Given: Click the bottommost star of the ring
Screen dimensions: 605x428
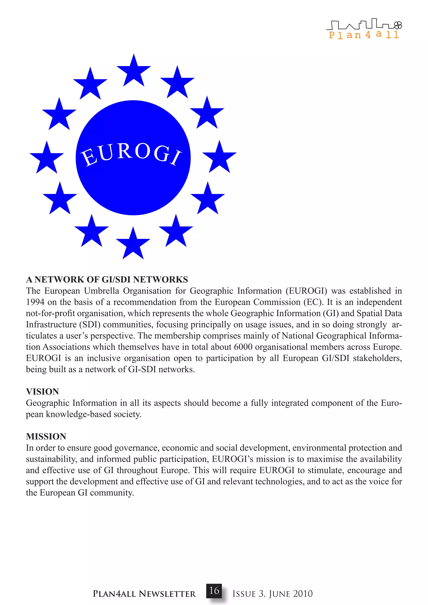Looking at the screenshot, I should click(x=133, y=245).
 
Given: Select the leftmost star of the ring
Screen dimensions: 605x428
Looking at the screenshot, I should click(x=47, y=159).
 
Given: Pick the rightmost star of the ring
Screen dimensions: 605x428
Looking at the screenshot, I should click(x=219, y=158).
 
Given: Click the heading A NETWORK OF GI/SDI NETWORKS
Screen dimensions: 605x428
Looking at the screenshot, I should click(x=107, y=279).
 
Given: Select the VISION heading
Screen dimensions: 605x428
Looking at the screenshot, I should click(x=42, y=391).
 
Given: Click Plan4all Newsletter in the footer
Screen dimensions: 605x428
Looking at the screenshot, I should click(x=144, y=594).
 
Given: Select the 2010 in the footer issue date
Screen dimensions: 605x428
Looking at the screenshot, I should click(x=303, y=594).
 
